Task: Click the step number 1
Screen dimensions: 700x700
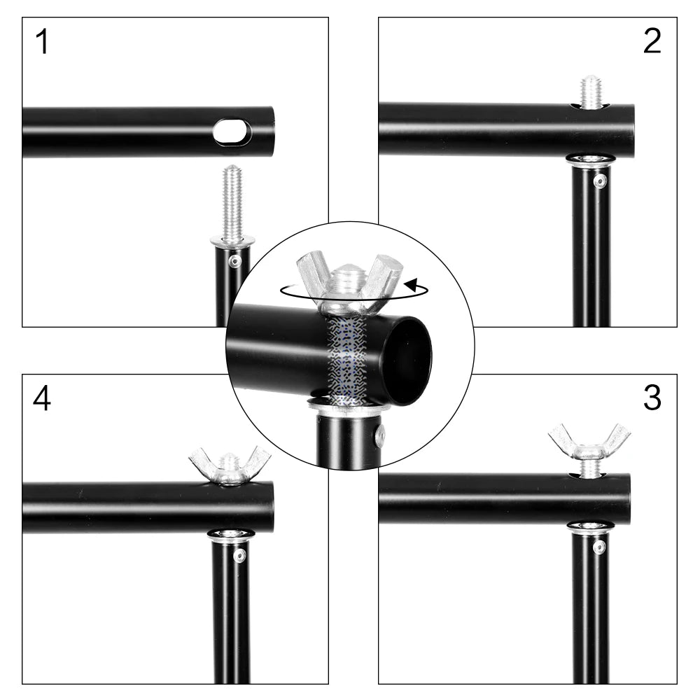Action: pos(43,43)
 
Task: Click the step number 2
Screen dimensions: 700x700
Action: pos(652,43)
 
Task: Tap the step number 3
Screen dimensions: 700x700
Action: pos(652,399)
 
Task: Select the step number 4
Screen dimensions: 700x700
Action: pos(42,399)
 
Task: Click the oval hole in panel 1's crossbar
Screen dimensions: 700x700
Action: pos(232,132)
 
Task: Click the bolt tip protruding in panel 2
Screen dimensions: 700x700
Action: pos(591,92)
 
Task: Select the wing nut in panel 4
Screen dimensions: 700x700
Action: pos(230,464)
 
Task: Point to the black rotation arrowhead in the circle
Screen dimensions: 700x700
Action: pos(413,286)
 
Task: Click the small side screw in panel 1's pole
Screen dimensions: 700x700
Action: pos(235,261)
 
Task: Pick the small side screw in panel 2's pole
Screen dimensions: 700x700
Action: pos(600,181)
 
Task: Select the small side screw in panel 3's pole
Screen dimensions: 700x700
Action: pos(599,547)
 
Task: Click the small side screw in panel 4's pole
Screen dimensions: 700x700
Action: pos(239,556)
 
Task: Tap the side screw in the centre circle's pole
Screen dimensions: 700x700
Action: pos(379,435)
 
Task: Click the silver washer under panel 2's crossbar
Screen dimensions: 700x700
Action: pos(590,160)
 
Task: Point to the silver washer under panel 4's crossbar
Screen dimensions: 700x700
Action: pos(230,535)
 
